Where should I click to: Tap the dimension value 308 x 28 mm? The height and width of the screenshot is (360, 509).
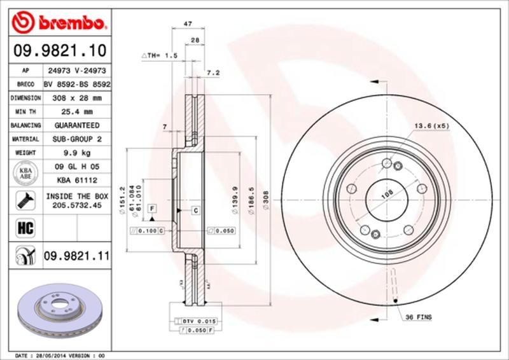click(x=77, y=98)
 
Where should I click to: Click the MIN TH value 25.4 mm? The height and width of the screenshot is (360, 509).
click(x=77, y=112)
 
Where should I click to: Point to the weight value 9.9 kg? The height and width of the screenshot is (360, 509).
click(x=77, y=153)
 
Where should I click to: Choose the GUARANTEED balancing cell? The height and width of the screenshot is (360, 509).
click(x=77, y=125)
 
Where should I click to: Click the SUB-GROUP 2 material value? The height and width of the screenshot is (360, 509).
click(x=77, y=139)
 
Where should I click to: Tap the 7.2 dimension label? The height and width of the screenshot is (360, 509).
click(x=214, y=73)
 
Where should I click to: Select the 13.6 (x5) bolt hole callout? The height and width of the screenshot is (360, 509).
click(x=431, y=126)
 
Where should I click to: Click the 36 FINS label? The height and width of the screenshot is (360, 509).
click(x=418, y=316)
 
